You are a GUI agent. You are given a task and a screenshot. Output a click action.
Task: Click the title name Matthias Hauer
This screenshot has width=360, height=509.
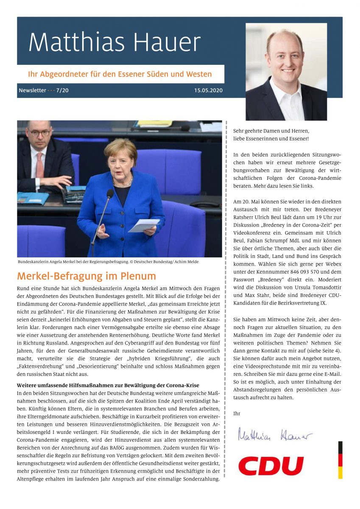(x=114, y=42)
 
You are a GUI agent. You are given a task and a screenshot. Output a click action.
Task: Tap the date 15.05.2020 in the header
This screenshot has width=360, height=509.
(x=208, y=90)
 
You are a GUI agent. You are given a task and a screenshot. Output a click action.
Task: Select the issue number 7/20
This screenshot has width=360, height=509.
(x=62, y=90)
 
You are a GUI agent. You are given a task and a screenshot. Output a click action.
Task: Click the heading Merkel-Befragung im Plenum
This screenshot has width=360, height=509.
(x=87, y=276)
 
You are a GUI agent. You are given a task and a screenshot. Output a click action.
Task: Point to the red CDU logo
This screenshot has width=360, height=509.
(x=271, y=466)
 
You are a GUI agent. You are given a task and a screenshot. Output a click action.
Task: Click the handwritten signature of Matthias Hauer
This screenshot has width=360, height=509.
(x=274, y=435)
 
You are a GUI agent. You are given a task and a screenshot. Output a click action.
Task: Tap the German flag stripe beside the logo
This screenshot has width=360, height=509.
(x=340, y=460)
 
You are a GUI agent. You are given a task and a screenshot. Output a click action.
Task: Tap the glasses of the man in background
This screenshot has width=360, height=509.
(x=40, y=133)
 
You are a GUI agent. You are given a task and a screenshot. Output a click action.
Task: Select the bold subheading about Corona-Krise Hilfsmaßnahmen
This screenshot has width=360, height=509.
(x=107, y=385)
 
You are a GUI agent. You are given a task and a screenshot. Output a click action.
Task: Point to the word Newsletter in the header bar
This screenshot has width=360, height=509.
(x=32, y=90)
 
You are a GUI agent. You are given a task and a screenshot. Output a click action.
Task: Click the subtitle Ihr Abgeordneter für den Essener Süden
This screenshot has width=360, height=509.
(x=120, y=74)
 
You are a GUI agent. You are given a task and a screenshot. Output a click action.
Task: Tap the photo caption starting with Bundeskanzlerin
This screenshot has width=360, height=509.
(x=108, y=262)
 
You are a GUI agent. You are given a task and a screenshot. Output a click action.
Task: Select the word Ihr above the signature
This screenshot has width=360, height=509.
(x=237, y=413)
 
